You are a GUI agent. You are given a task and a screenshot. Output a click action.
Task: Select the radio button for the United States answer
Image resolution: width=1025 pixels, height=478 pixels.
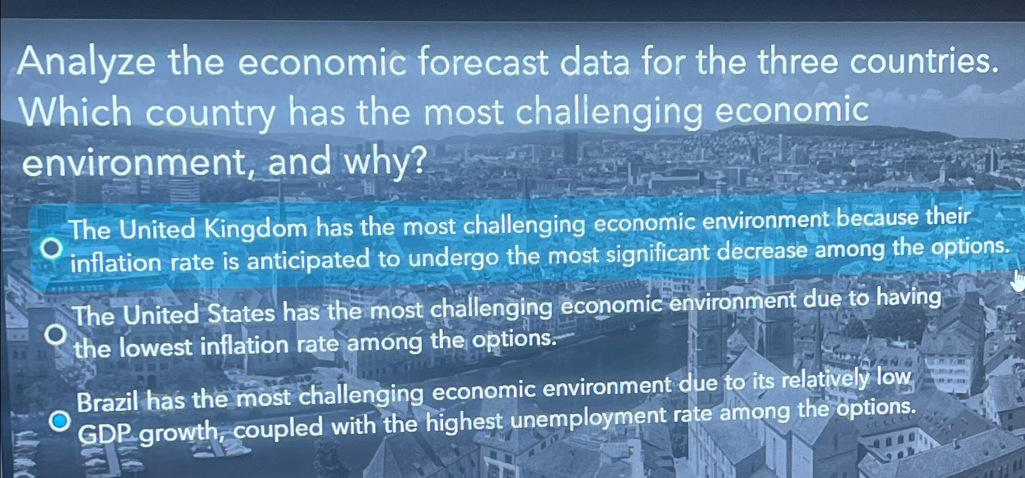click(56, 334)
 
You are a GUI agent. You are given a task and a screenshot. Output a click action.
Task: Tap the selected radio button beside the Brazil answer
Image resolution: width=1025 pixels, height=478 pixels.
click(60, 420)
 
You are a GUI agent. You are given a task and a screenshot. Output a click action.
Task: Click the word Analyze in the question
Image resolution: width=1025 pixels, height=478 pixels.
click(87, 64)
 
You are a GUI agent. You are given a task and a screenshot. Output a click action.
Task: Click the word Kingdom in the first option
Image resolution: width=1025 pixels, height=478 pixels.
click(256, 229)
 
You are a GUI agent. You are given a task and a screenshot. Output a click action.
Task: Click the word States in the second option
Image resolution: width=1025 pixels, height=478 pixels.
click(241, 313)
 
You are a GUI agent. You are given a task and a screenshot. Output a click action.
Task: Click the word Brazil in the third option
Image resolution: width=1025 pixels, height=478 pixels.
click(109, 402)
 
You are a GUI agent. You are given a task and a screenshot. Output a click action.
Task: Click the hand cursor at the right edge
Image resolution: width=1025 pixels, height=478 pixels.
click(1018, 281)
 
